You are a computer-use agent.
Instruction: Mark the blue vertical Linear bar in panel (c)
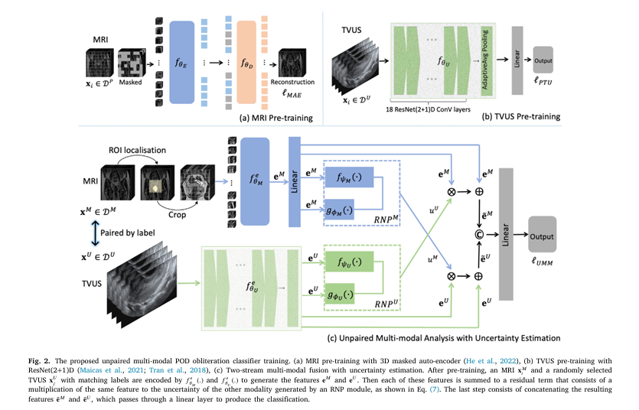pos(295,181)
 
